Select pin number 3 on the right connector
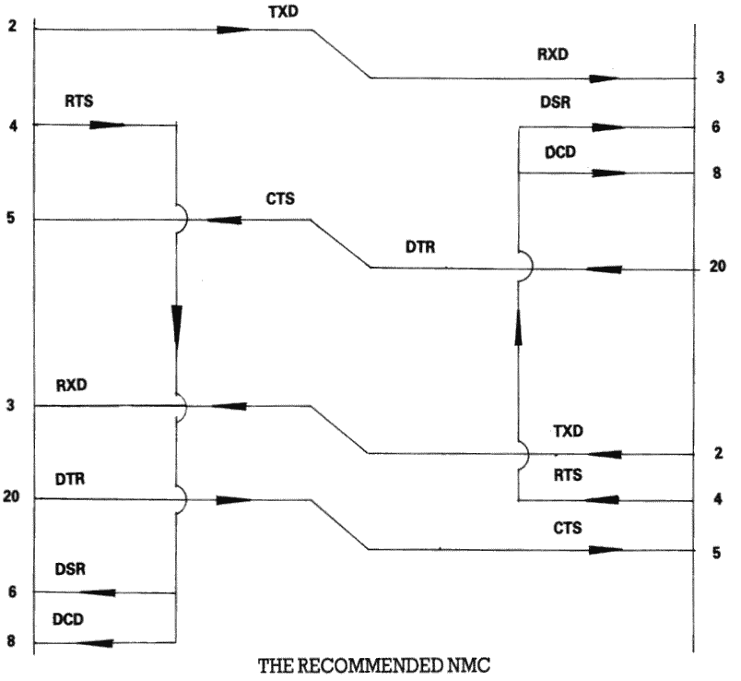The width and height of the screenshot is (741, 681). tap(719, 78)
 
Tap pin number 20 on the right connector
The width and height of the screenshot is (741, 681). tap(718, 269)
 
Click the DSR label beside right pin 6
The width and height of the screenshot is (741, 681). tap(556, 104)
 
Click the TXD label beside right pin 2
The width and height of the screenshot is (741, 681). tap(570, 431)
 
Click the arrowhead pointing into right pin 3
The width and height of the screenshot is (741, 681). tap(605, 78)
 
